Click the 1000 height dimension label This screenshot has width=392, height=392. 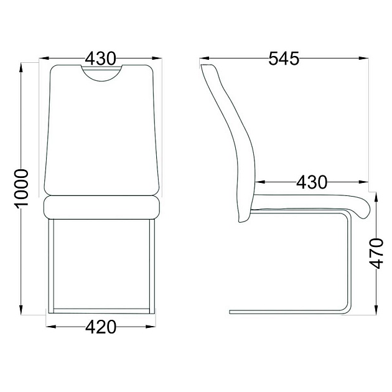(21, 189)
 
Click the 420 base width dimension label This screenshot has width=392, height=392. (101, 327)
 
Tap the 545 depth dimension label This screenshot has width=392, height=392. (284, 58)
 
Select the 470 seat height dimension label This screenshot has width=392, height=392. (376, 254)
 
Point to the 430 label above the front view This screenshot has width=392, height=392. (101, 58)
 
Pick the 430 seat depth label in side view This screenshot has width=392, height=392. (312, 182)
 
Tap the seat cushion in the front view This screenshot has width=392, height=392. (101, 207)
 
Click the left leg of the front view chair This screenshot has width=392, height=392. (51, 266)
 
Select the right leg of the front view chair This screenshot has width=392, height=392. (152, 266)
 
